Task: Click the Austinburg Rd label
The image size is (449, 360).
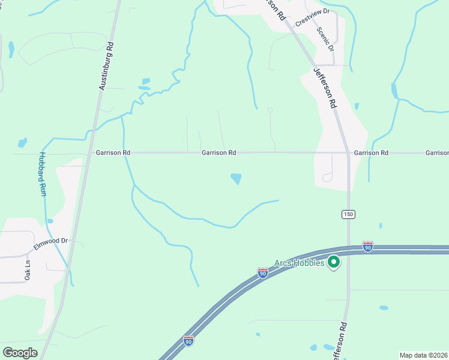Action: [x=106, y=67]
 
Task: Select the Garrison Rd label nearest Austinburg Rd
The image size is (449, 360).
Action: [x=113, y=153]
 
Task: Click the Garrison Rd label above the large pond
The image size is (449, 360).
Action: [x=218, y=153]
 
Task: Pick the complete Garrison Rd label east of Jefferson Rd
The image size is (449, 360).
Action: [x=370, y=153]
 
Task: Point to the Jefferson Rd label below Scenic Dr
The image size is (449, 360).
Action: [x=325, y=88]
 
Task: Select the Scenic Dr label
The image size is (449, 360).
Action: [x=325, y=39]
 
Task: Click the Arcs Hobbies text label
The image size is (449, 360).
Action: [x=300, y=263]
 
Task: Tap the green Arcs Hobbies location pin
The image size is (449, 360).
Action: [x=334, y=262]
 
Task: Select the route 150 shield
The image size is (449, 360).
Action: [x=348, y=214]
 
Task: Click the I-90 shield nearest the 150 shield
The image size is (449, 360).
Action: [x=368, y=247]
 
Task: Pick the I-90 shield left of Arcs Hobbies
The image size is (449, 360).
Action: [x=262, y=272]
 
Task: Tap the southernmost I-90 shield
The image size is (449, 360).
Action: [x=188, y=341]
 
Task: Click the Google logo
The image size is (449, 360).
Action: [x=20, y=352]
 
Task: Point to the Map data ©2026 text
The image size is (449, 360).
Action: [x=424, y=355]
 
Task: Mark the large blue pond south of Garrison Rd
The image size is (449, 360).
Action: [x=237, y=178]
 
